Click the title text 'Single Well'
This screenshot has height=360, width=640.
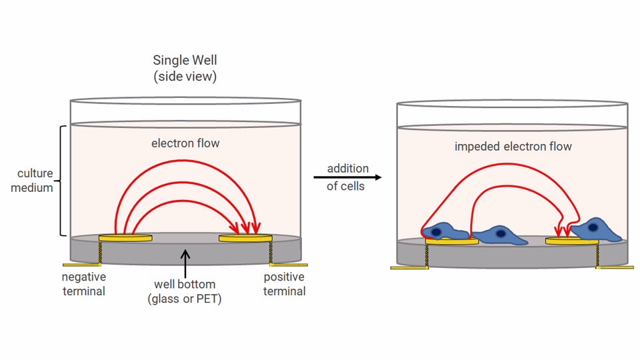click(185, 61)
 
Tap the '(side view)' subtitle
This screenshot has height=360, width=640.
click(185, 77)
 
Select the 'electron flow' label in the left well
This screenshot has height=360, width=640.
click(185, 143)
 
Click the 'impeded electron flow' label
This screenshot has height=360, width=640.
click(513, 146)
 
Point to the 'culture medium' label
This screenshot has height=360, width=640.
click(35, 181)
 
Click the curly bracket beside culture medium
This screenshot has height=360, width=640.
click(62, 180)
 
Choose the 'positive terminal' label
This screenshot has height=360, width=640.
click(284, 283)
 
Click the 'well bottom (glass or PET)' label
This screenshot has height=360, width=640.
click(184, 291)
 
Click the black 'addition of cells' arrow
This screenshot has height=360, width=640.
click(347, 177)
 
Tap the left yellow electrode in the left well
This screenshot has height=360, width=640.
click(125, 237)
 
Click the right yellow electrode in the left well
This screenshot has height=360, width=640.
click(245, 237)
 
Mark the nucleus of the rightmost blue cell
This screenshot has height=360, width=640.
click(593, 227)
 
